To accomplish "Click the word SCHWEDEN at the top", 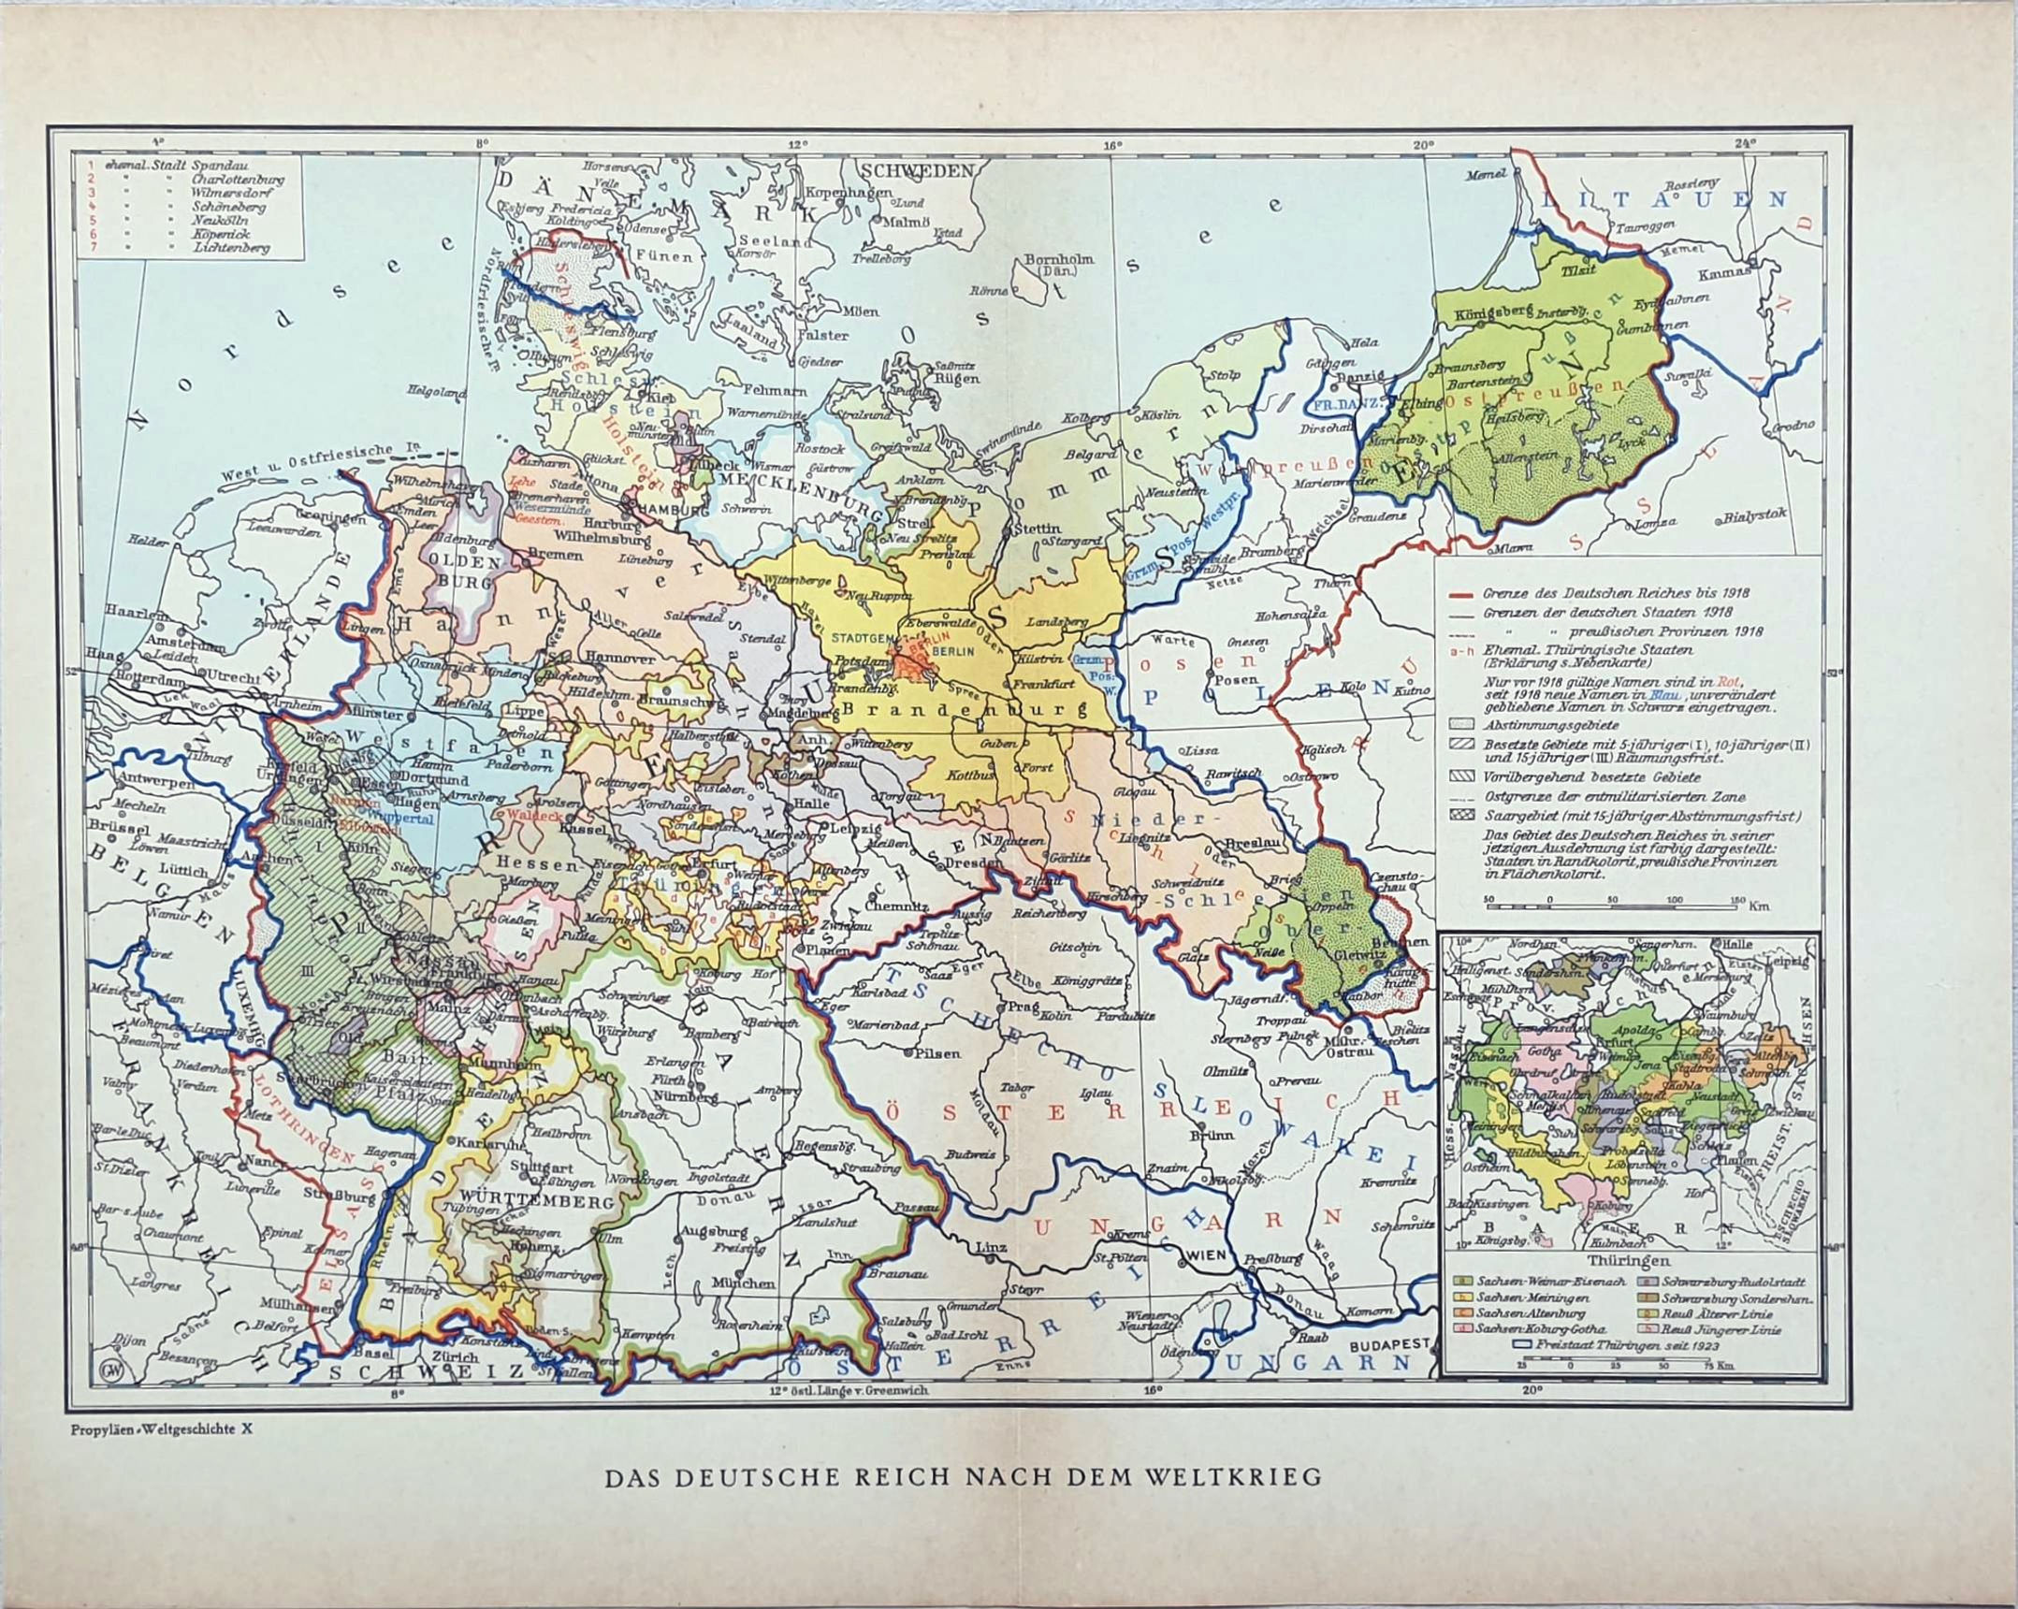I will pos(918,170).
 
